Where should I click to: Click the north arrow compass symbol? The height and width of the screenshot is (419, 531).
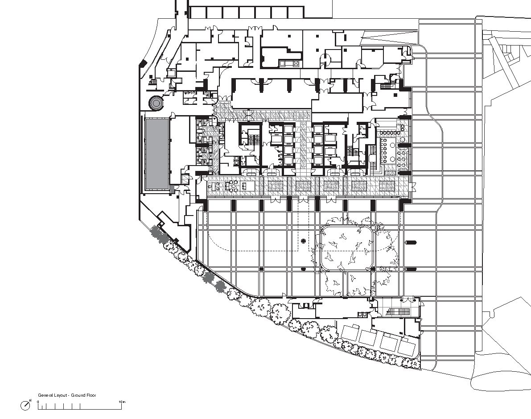click(x=26, y=405)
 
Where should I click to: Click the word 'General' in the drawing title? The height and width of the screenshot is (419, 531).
click(x=45, y=395)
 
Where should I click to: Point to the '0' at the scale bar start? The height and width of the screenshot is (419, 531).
click(x=38, y=402)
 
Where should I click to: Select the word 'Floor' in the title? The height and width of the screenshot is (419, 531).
click(x=91, y=395)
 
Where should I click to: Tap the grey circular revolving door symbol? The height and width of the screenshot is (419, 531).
click(x=156, y=103)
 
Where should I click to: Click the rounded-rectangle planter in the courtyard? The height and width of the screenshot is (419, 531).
click(x=347, y=247)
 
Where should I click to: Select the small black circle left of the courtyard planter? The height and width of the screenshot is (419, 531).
click(x=304, y=241)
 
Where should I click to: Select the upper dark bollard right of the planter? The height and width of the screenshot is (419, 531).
click(x=410, y=243)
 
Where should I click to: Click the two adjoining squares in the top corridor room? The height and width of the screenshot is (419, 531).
click(x=289, y=64)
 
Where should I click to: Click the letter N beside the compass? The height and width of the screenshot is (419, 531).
click(x=30, y=400)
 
